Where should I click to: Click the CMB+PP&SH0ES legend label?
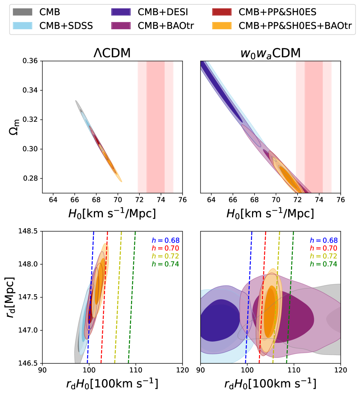[278, 12]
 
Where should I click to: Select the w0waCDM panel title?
[270, 53]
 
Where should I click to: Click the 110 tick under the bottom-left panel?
[135, 370]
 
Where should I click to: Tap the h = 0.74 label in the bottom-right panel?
[323, 264]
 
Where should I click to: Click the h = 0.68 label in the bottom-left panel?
[165, 240]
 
